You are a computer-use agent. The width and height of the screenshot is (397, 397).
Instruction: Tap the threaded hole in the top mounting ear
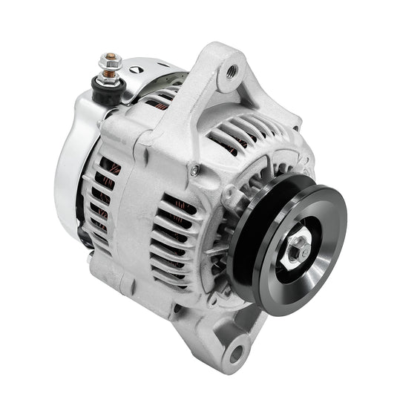232,71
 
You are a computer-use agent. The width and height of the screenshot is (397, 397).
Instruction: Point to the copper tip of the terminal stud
111,56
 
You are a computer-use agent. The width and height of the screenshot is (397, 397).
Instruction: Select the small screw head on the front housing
194,171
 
